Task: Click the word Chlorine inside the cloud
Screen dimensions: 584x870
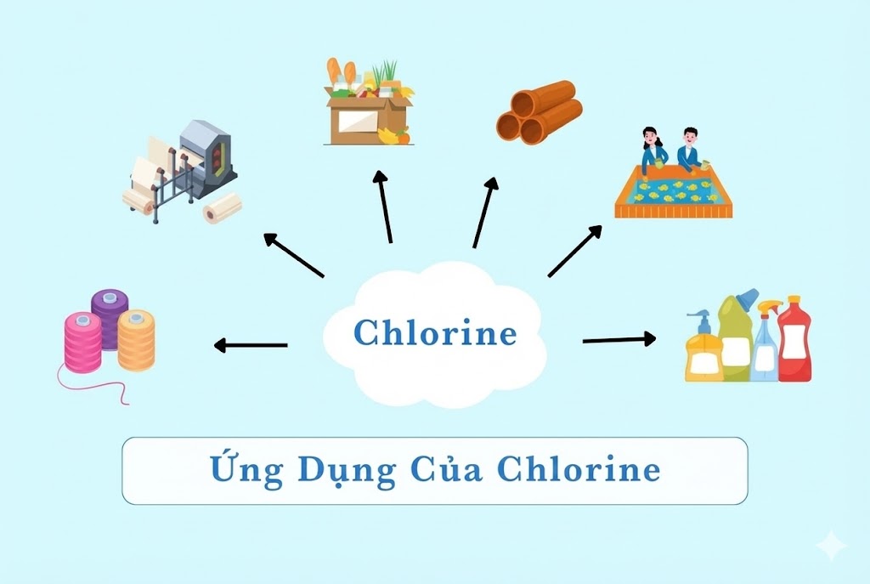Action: click(435, 332)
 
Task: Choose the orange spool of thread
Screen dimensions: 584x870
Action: click(136, 339)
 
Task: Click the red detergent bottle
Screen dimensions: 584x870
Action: click(794, 340)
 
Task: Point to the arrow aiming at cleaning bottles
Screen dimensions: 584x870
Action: click(619, 340)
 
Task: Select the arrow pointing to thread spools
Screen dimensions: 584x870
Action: click(251, 345)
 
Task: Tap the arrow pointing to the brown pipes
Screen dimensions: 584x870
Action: click(485, 213)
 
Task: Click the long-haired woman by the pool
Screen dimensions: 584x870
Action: click(652, 148)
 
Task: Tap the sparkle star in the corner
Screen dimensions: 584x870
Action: click(830, 546)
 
